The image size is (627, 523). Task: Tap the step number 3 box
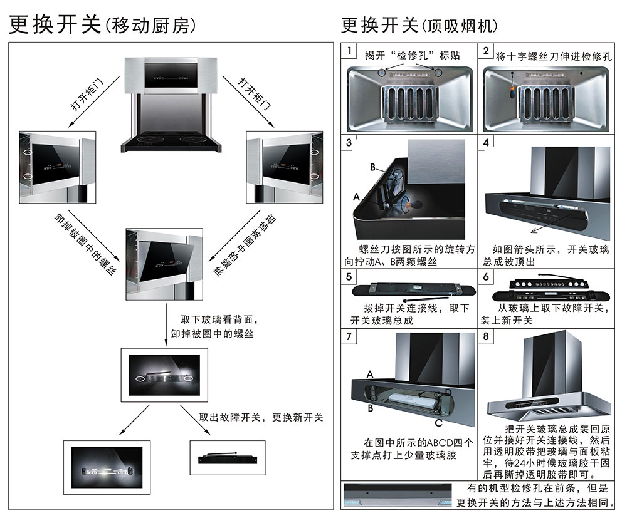click(349, 142)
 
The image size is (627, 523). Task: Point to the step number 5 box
click(349, 276)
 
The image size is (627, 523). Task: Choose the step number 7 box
click(349, 335)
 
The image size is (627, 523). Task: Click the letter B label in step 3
click(372, 168)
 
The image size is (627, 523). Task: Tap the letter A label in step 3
click(356, 197)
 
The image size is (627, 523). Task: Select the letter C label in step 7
click(438, 423)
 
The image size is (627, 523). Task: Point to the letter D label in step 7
click(448, 392)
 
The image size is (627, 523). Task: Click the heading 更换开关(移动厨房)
click(103, 25)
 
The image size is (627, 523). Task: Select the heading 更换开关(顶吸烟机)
click(419, 25)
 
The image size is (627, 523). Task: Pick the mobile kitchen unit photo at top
click(172, 103)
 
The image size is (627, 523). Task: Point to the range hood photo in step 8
click(545, 382)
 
